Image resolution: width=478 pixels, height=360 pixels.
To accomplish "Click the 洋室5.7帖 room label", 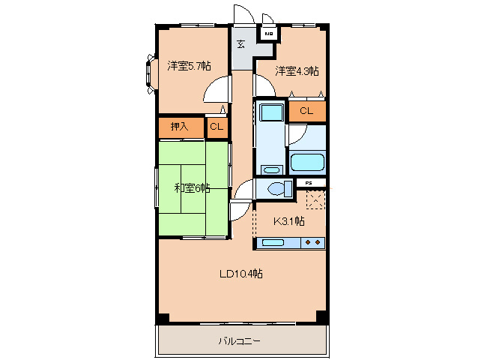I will (x=189, y=66).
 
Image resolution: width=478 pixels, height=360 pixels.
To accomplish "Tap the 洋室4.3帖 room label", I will (x=297, y=71).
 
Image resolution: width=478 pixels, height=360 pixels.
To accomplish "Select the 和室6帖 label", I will (x=192, y=188).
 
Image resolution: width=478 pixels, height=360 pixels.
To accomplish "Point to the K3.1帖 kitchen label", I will (x=288, y=220).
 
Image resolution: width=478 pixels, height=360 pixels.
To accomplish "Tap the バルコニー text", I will (x=240, y=341).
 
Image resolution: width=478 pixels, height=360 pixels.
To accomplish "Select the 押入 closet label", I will (x=180, y=127).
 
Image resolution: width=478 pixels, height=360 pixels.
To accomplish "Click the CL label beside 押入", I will (x=217, y=127).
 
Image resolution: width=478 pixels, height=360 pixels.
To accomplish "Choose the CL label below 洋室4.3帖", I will (x=306, y=111).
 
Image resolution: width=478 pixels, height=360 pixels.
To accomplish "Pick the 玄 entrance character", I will (x=241, y=43).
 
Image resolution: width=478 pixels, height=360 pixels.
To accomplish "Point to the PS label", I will (x=309, y=182).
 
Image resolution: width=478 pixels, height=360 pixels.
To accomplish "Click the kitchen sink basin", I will (x=272, y=243).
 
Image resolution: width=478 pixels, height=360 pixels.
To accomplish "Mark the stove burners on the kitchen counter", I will (x=314, y=243).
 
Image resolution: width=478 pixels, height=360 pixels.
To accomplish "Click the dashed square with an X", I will (x=315, y=200).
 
